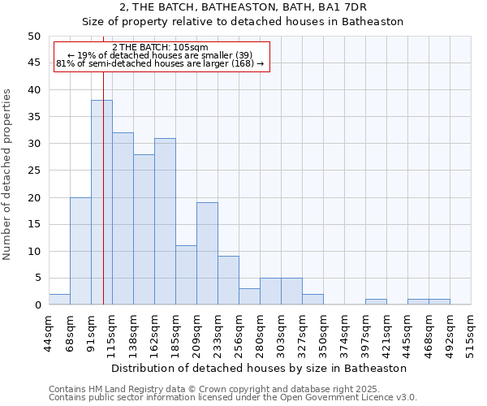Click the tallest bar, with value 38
click(x=101, y=203)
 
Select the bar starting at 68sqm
click(x=80, y=251)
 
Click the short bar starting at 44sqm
click(x=59, y=300)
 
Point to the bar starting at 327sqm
click(x=312, y=300)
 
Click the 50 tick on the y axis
click(x=34, y=37)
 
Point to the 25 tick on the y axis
click(x=34, y=171)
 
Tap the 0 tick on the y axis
click(x=37, y=305)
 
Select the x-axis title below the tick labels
click(x=260, y=368)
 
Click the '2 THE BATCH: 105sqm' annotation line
click(x=160, y=48)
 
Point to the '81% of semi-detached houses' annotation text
click(x=160, y=63)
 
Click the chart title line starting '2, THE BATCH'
click(x=243, y=7)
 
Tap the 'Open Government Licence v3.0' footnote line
click(x=233, y=398)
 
